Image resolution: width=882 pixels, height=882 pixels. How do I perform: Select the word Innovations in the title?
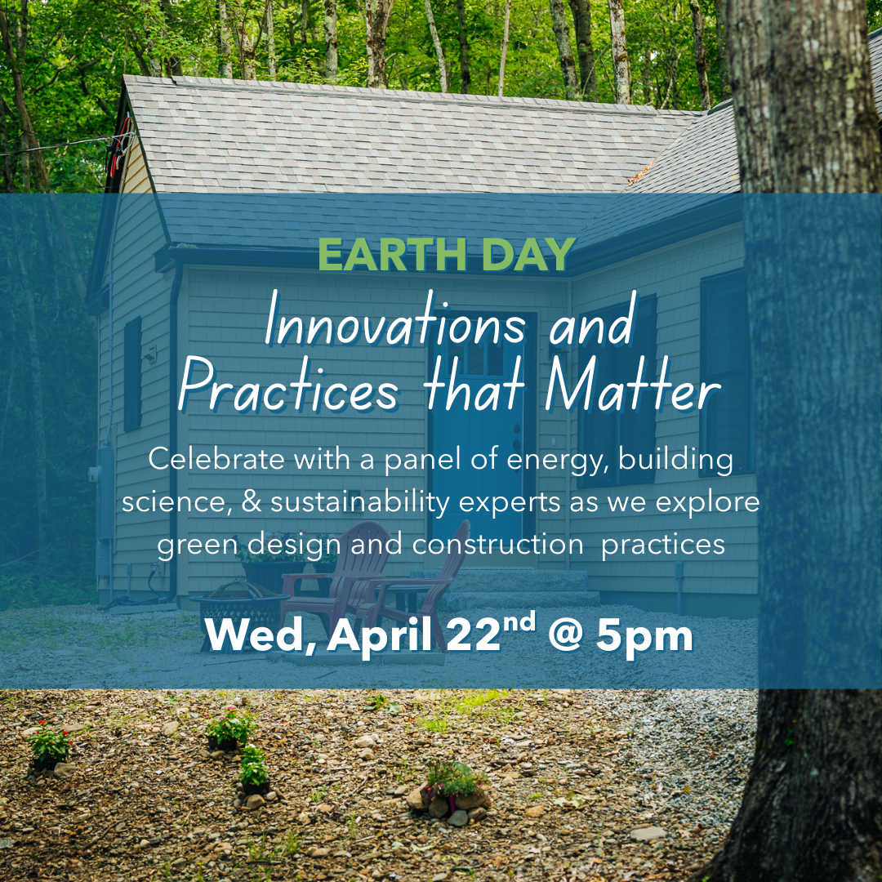(x=396, y=327)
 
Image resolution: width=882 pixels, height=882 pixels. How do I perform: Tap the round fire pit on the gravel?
(x=238, y=605)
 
